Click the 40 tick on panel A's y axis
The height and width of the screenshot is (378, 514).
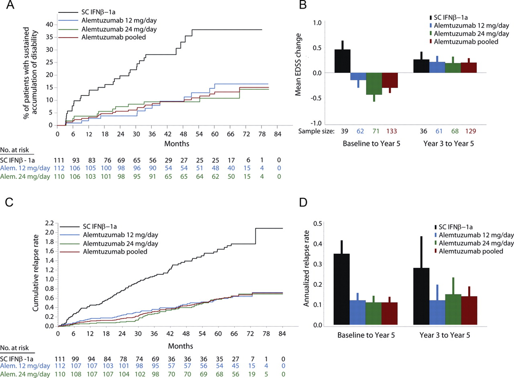click(x=49, y=25)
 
